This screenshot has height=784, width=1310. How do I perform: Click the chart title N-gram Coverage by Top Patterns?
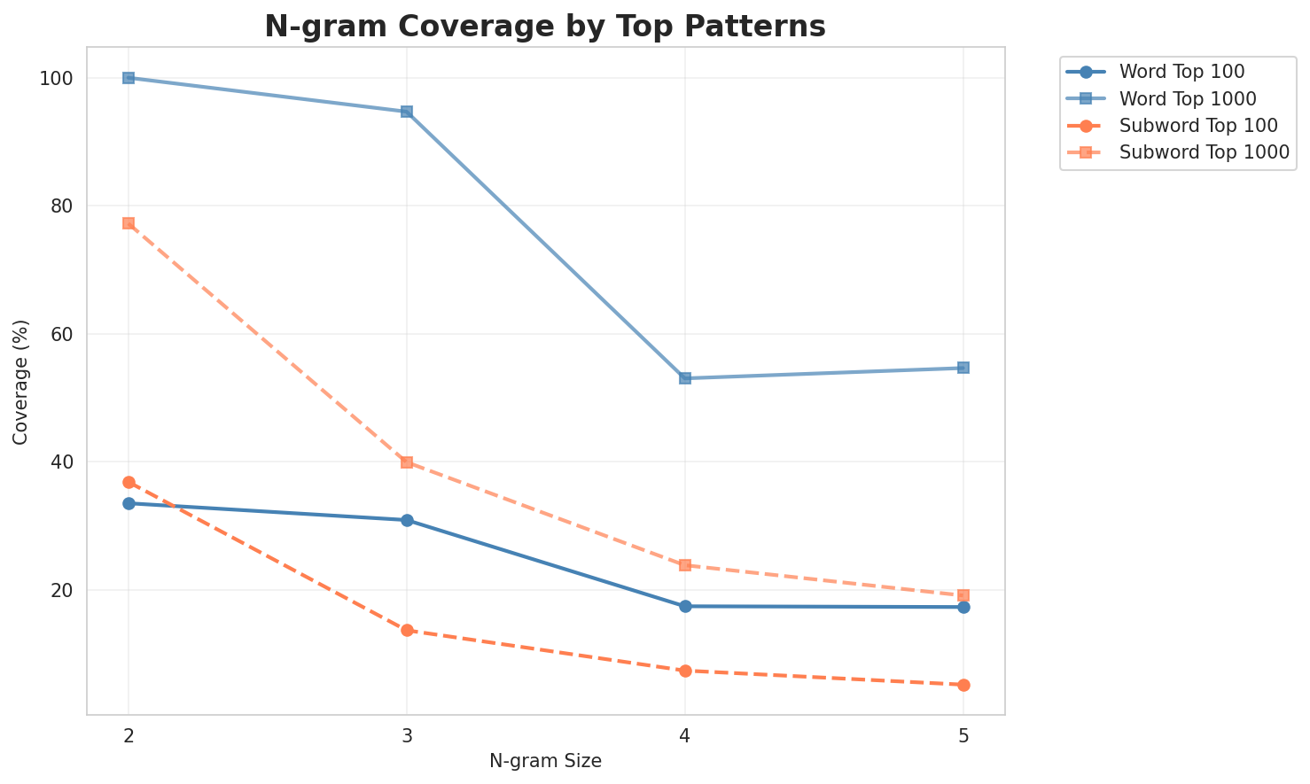coord(545,27)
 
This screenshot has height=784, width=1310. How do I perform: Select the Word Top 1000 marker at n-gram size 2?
coord(129,78)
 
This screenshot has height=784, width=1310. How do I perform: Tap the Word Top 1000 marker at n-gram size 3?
coord(407,112)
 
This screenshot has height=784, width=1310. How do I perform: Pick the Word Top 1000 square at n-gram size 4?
coord(685,378)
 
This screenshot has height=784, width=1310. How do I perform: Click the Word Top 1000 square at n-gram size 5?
coord(963,368)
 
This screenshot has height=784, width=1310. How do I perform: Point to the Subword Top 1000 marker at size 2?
coord(129,223)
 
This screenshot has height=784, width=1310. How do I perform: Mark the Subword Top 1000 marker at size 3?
coord(407,462)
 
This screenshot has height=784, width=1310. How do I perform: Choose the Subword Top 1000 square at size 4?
coord(685,565)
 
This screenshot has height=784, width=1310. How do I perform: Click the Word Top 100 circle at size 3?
coord(407,520)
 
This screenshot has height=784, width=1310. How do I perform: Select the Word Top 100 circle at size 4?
coord(685,606)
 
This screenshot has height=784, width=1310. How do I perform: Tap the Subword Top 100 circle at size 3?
coord(407,630)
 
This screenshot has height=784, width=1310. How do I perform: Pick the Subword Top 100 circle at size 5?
coord(963,685)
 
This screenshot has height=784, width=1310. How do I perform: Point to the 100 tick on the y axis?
coord(56,79)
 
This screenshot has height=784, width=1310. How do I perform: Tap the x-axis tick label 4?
coord(685,735)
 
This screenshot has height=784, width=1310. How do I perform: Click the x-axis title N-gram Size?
coord(545,761)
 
